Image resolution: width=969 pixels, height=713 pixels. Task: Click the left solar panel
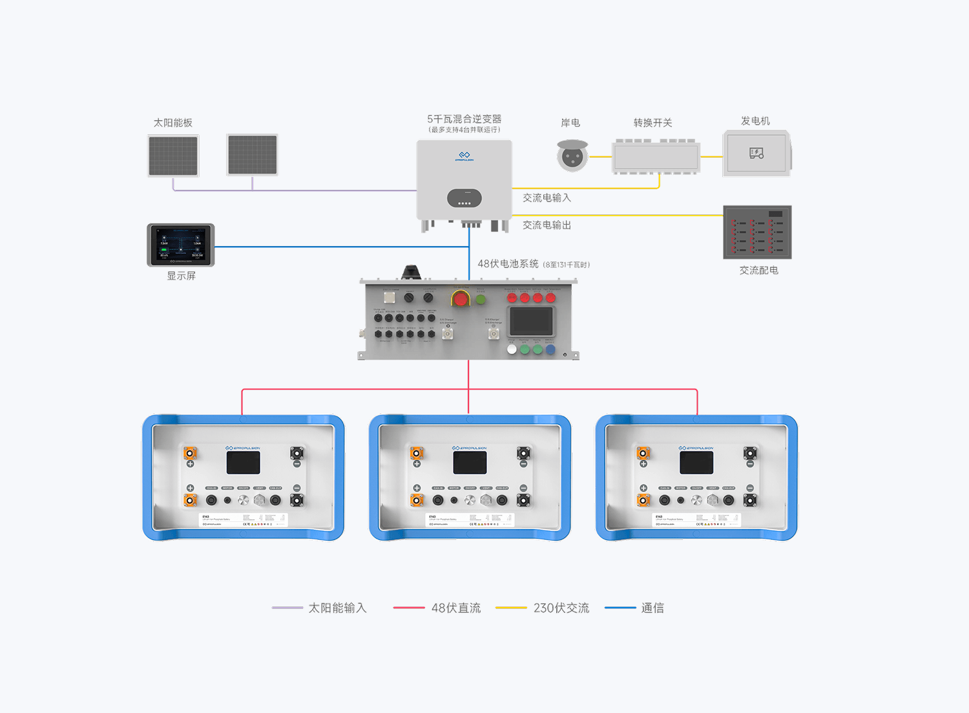coord(173,156)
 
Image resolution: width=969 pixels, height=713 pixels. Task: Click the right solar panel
coord(253,155)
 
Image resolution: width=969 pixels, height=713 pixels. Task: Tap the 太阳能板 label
coord(172,123)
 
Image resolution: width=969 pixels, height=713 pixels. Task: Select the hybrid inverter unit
coord(464,181)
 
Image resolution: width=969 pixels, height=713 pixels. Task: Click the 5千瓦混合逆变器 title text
coord(464,119)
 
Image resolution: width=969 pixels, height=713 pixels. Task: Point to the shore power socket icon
coord(572,156)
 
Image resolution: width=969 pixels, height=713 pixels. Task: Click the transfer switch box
coord(656,157)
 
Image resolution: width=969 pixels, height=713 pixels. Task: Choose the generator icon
coord(756,153)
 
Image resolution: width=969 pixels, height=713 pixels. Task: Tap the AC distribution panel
coord(757,232)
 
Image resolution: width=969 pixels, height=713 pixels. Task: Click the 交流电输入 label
coord(547,198)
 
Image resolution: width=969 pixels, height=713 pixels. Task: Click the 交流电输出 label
coord(547,225)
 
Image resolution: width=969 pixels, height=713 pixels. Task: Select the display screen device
coord(181,245)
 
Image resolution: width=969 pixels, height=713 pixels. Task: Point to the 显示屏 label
coord(181,276)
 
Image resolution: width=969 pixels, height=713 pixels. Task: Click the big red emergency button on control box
coord(461,299)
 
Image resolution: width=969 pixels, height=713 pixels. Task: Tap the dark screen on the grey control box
coord(531,321)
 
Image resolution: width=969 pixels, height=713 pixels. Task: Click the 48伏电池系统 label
coord(508,263)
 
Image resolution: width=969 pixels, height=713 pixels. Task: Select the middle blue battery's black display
coord(470,462)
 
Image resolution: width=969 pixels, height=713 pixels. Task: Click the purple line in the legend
coord(287,608)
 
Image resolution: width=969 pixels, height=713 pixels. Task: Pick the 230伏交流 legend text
coord(561,608)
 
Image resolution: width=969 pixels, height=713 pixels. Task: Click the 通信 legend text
coord(652,608)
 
